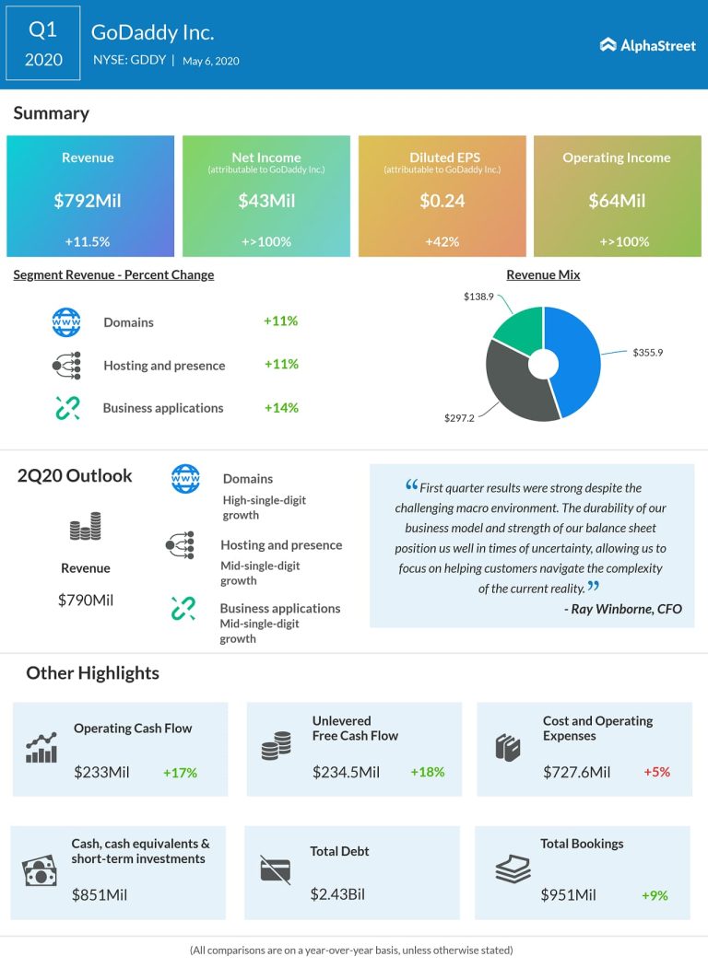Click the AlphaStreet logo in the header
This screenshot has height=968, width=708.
(x=647, y=44)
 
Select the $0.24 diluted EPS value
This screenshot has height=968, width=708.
(x=442, y=200)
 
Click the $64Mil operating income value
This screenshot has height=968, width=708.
(x=617, y=200)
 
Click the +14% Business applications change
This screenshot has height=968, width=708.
(x=281, y=407)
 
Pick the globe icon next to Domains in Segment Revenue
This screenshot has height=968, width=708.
(x=66, y=322)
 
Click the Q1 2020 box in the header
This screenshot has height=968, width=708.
(x=43, y=44)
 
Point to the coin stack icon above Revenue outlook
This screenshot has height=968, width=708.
(x=86, y=527)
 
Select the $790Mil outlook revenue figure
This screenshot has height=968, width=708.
(x=86, y=600)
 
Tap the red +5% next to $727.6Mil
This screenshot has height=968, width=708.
(x=656, y=772)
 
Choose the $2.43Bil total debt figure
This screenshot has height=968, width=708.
(x=338, y=893)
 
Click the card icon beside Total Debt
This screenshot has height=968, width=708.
(x=276, y=869)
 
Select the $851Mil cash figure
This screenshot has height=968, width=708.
(x=100, y=893)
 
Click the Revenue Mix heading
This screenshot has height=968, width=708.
(x=543, y=274)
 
